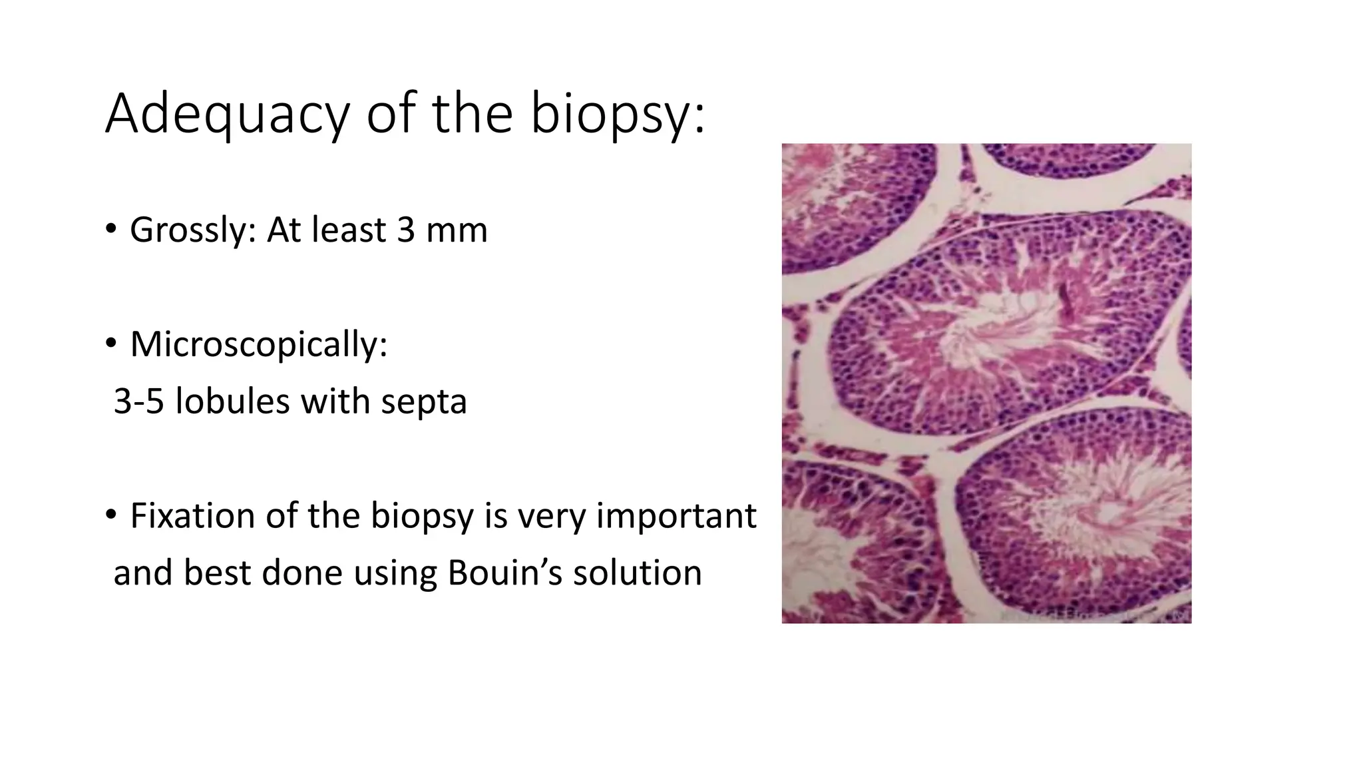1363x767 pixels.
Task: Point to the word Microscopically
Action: (258, 345)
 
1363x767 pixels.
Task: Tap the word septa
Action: (424, 401)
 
